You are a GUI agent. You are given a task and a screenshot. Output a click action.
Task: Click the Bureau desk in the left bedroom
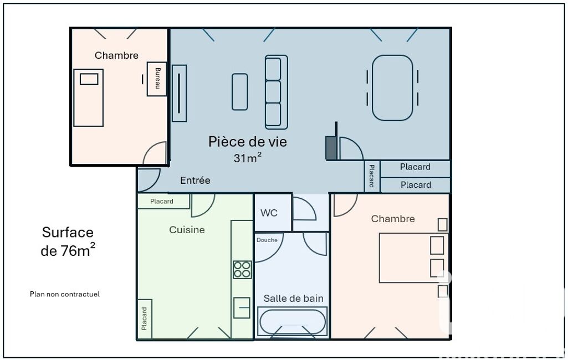coord(156,79)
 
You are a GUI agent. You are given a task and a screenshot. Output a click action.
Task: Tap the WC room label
coord(269,213)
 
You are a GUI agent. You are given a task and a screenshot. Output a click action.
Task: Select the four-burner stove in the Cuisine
coord(242,270)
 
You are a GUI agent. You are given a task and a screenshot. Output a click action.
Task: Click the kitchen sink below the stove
coord(242,308)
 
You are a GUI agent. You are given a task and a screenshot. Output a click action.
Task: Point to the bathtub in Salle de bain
coord(293,322)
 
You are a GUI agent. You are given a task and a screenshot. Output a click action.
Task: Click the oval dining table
coord(392,88)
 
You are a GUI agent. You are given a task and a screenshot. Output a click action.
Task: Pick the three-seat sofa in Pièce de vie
coord(277,92)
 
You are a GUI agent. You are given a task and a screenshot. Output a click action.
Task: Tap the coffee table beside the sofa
coord(240,91)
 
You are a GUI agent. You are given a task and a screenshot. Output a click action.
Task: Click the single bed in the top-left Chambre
coord(89,98)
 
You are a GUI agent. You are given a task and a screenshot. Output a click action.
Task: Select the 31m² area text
coord(247,158)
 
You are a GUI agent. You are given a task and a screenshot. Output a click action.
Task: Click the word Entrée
coord(195,181)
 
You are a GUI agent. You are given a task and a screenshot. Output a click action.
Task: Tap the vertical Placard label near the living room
coord(372,176)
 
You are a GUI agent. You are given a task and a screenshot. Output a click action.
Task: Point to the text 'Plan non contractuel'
coord(65,294)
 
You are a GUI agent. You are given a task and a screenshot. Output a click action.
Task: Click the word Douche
coord(267,240)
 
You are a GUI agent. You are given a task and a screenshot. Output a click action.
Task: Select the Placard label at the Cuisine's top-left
coord(162,202)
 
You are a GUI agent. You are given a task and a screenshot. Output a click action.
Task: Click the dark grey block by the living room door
coord(331,148)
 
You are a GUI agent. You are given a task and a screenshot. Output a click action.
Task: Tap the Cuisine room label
coord(187,230)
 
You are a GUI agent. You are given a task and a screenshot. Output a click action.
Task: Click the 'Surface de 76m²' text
coord(68,241)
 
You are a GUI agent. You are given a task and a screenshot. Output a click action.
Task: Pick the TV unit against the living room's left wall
coord(179,93)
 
